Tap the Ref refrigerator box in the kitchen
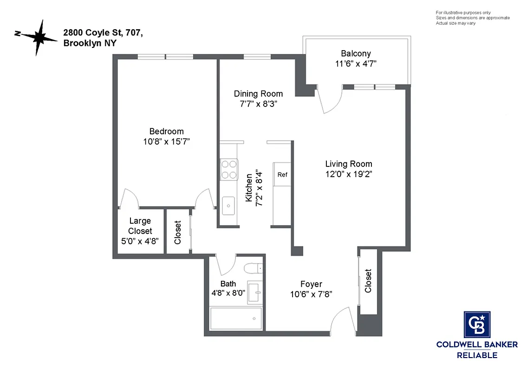point(282,174)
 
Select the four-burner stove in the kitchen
point(228,169)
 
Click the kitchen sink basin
point(228,206)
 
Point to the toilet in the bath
point(253,269)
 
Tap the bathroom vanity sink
point(255,292)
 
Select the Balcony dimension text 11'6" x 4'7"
point(356,64)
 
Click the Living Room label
point(348,164)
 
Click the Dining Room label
point(258,93)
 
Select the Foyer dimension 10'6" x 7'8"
point(311,294)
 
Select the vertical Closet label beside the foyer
point(368,281)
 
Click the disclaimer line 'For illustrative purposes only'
point(463,13)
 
